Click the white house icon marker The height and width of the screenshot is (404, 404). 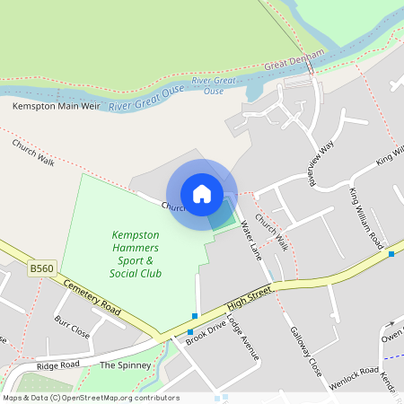point(202,194)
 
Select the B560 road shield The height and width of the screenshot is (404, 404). point(40,268)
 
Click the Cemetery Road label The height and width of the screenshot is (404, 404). point(92,295)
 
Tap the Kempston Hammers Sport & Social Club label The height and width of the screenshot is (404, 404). point(136,254)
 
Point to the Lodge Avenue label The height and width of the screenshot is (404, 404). point(242,338)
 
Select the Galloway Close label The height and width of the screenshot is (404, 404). point(306,349)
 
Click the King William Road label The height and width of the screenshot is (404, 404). point(367,219)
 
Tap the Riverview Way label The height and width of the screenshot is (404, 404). point(321,162)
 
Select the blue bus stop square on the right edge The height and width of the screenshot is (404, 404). point(391,254)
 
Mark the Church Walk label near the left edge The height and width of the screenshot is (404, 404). point(34,150)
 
